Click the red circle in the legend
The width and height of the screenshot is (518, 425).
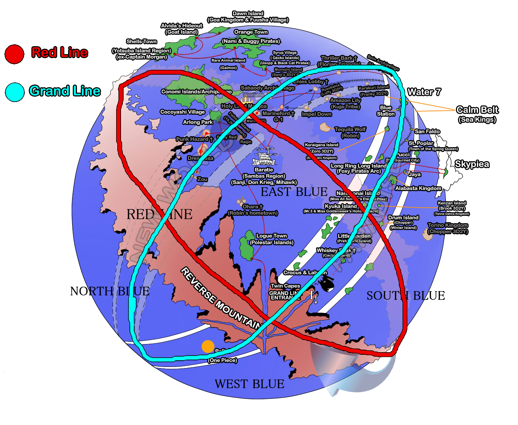(x=14, y=54)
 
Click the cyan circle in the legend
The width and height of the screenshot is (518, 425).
(x=15, y=92)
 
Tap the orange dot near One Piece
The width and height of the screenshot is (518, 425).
(x=208, y=346)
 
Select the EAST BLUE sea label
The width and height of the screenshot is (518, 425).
(x=294, y=192)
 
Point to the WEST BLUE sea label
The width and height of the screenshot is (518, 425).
(x=249, y=384)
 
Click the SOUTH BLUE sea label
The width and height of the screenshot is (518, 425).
(x=406, y=296)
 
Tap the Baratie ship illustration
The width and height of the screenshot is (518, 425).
(x=264, y=157)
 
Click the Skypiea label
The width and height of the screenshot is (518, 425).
(x=472, y=164)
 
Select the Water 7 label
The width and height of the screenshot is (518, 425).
(x=424, y=92)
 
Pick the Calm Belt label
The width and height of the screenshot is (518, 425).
(x=477, y=110)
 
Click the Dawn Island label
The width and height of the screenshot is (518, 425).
(x=248, y=14)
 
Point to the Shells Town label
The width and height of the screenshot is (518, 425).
(x=141, y=41)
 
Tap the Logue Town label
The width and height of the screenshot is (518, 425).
(x=272, y=236)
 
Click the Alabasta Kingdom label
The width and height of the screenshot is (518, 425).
(x=418, y=188)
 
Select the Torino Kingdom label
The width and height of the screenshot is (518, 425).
(x=448, y=225)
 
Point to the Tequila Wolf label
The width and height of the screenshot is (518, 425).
(x=350, y=129)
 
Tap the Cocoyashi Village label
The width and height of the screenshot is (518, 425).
(x=182, y=112)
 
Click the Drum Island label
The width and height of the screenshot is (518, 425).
(x=403, y=218)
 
